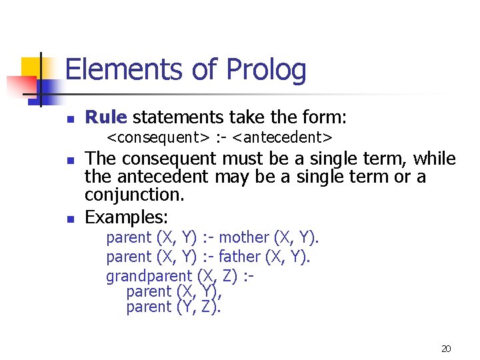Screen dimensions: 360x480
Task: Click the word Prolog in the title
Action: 266,71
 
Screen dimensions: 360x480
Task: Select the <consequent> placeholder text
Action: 158,138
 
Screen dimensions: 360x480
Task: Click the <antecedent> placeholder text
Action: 283,138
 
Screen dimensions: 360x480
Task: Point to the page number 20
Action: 446,348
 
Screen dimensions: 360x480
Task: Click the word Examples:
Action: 127,217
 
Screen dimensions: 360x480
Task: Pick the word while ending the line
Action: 434,159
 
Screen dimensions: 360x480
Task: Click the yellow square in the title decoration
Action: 31,67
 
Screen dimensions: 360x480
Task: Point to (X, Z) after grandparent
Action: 217,275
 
